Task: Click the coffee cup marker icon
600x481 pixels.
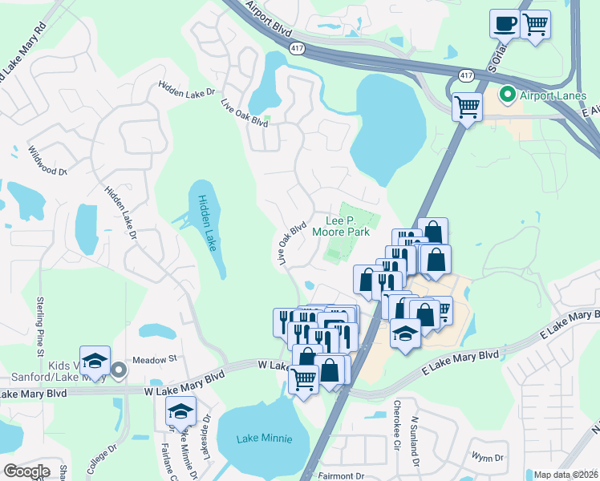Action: click(x=505, y=23)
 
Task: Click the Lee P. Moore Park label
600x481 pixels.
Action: click(x=347, y=226)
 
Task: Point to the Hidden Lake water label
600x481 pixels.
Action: click(x=207, y=223)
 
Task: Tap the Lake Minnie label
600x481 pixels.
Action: click(x=264, y=439)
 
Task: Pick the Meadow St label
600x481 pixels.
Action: click(x=153, y=361)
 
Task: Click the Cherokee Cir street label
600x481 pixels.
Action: click(x=395, y=422)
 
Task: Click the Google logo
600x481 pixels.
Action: click(x=26, y=471)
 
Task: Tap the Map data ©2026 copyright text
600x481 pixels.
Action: click(x=566, y=475)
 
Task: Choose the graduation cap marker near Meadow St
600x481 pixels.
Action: click(x=95, y=360)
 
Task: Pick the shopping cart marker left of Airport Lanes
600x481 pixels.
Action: click(x=467, y=107)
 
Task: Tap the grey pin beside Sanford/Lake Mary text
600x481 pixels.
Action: click(x=119, y=370)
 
